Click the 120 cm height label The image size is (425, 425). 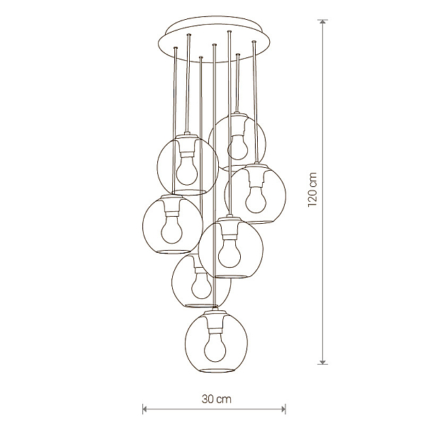(x=312, y=189)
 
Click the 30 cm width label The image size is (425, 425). (x=216, y=399)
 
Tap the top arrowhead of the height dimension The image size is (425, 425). (x=322, y=22)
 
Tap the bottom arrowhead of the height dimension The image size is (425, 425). (x=322, y=362)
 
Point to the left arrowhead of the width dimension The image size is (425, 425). (x=145, y=409)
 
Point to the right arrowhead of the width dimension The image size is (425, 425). (x=283, y=409)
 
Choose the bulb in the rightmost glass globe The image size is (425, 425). (x=256, y=199)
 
